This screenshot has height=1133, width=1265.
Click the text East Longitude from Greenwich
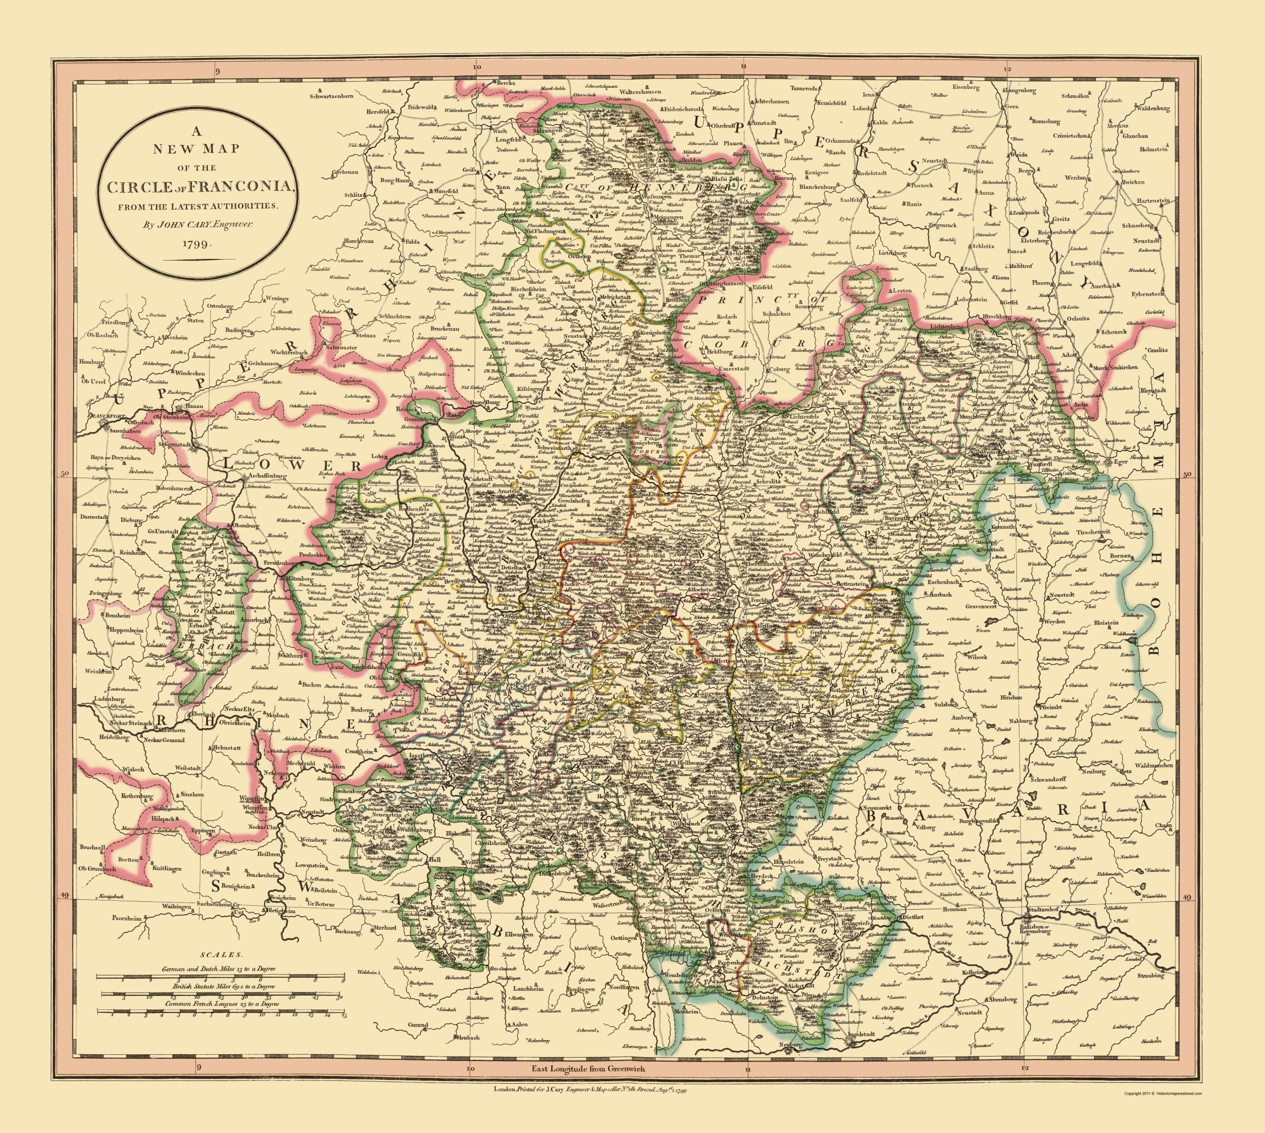coord(588,1068)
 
